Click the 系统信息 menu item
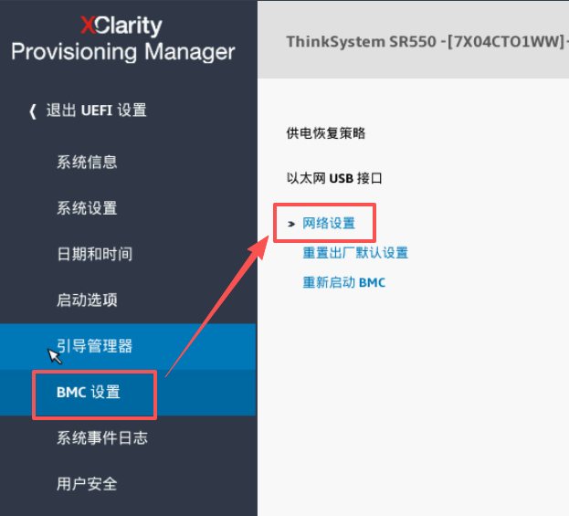click(87, 163)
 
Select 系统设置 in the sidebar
click(87, 208)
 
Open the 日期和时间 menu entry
click(94, 254)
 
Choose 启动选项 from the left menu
click(87, 300)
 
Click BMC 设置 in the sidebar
click(88, 393)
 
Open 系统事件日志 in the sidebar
click(101, 438)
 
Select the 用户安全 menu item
click(87, 484)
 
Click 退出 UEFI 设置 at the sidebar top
click(96, 111)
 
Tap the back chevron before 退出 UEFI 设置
click(33, 111)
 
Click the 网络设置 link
click(329, 223)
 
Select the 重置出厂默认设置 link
click(355, 253)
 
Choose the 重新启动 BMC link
click(344, 282)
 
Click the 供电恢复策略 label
click(326, 133)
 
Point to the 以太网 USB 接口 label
click(334, 178)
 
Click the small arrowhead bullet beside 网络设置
click(291, 223)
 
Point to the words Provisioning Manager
click(122, 51)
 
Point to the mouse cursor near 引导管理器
click(54, 354)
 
